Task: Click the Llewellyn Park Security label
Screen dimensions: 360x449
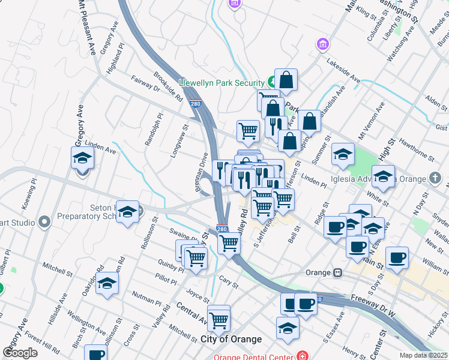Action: tap(221, 83)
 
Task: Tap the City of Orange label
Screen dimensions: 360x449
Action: tap(231, 339)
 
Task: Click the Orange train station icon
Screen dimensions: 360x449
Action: tap(338, 272)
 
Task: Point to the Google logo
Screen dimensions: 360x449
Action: tap(20, 353)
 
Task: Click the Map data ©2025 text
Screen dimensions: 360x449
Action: tap(423, 355)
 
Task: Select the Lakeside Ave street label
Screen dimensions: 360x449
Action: tap(343, 71)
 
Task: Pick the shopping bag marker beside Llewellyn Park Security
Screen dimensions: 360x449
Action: tap(286, 80)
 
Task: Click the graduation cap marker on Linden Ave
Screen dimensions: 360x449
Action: tap(83, 160)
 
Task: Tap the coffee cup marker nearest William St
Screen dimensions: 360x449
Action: tap(396, 258)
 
